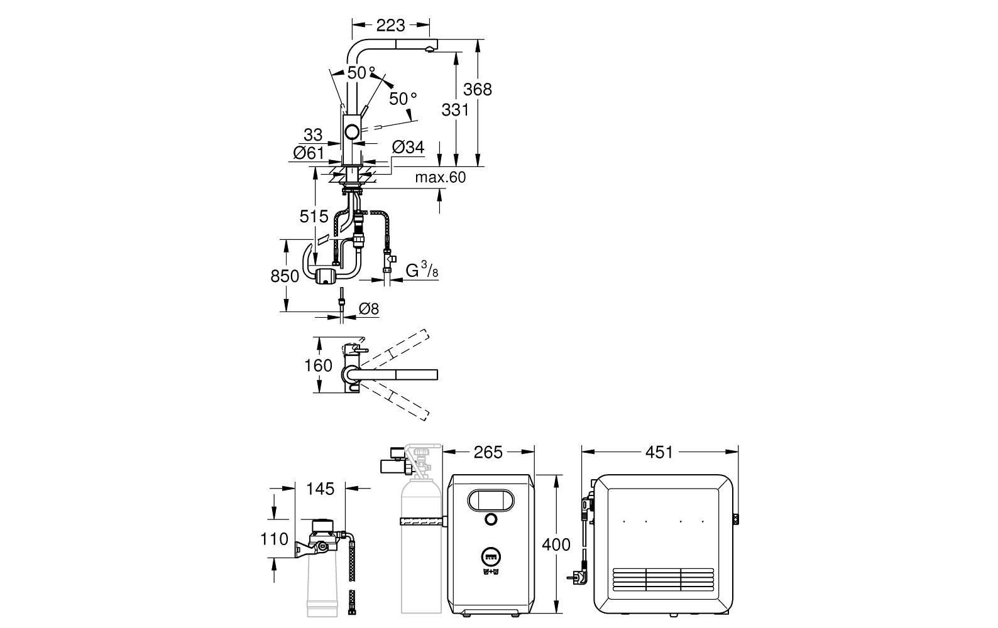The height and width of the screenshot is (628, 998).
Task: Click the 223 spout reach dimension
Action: coord(390,25)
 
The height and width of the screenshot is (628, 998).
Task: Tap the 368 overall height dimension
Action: coord(477,89)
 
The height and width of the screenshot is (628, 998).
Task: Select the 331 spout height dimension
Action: coord(455,109)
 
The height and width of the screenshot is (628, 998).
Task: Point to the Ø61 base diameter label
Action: coord(309,153)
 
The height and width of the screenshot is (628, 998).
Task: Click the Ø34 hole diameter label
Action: coord(409,147)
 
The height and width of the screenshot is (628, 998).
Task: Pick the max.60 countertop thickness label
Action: coord(440,177)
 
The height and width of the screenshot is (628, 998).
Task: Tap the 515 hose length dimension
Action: coord(314,217)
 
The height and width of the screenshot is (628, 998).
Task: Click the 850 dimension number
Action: coord(285,276)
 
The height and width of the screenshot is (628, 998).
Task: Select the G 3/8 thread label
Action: coord(422,270)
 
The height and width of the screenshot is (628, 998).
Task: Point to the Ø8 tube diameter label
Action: coord(369,308)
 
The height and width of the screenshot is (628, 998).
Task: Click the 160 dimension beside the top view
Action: coord(318,365)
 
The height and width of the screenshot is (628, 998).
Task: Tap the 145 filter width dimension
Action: coord(321,489)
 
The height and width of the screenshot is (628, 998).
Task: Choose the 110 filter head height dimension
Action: coord(274,539)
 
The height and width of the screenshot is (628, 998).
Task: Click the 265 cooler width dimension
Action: coord(488,452)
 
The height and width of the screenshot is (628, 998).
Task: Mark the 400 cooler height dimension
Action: coord(556,544)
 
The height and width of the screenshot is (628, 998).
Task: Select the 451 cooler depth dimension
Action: coord(659,452)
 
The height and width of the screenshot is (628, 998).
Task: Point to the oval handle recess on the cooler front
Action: coord(490,500)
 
